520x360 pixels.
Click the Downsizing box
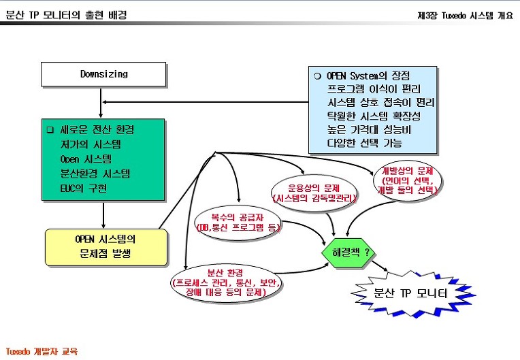point(103,74)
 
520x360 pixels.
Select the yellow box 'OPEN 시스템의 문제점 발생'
point(106,247)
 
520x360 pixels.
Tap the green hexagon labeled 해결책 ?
point(348,252)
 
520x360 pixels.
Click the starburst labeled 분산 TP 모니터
point(413,293)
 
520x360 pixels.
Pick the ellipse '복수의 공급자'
point(238,223)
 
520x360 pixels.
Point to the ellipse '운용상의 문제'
point(314,193)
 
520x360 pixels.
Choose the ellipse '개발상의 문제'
point(407,181)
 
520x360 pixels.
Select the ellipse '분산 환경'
point(225,283)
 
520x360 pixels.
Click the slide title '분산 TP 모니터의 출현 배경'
point(66,15)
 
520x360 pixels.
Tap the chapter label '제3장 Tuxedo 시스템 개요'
point(465,15)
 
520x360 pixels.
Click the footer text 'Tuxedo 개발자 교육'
point(42,351)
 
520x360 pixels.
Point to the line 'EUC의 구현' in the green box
point(84,189)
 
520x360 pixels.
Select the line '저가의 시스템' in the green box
point(91,144)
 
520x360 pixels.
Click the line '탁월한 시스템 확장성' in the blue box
point(374,116)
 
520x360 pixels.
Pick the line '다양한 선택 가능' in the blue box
point(364,143)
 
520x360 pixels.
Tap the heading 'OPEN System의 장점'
point(368,76)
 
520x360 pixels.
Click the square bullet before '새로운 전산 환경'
point(50,129)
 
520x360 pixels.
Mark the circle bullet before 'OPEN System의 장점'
point(317,76)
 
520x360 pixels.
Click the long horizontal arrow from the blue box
point(206,102)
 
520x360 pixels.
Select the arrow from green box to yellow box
point(103,215)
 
